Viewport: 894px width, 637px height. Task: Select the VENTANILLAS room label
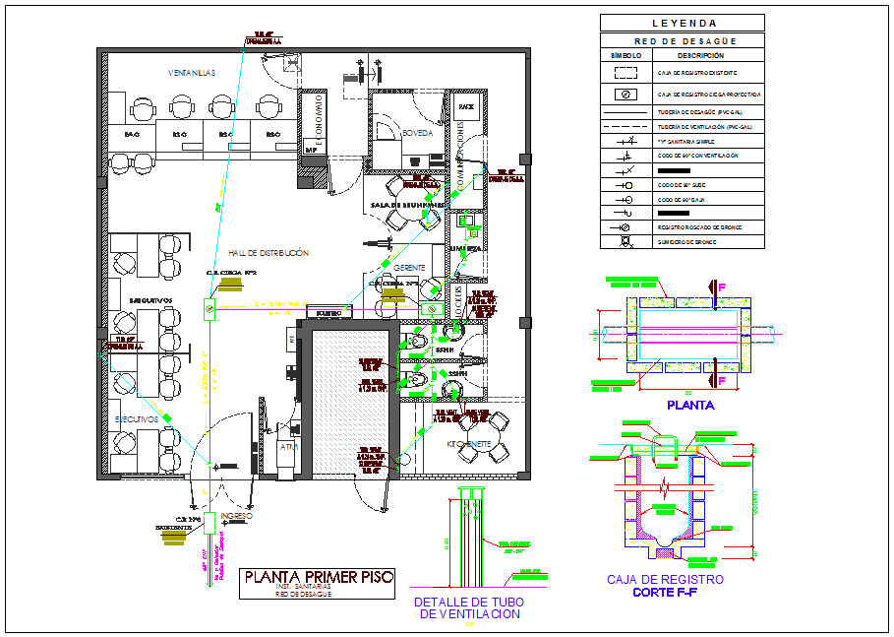coord(191,73)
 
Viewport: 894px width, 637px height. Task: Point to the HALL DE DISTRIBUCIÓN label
coord(268,253)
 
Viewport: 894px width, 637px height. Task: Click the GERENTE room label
coord(409,268)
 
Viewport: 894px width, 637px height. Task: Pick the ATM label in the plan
coord(289,446)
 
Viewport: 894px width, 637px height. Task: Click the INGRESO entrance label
coord(237,516)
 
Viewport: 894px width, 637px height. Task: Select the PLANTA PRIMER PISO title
coord(319,577)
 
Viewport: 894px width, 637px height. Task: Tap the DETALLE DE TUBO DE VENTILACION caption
coord(467,607)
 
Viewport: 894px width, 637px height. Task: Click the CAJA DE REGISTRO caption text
coord(665,580)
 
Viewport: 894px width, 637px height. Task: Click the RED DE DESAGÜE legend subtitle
coord(684,41)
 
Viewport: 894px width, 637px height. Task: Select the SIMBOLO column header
coord(626,56)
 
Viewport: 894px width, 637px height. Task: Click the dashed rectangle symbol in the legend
coord(626,73)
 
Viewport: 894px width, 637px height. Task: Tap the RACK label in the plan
coord(466,106)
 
